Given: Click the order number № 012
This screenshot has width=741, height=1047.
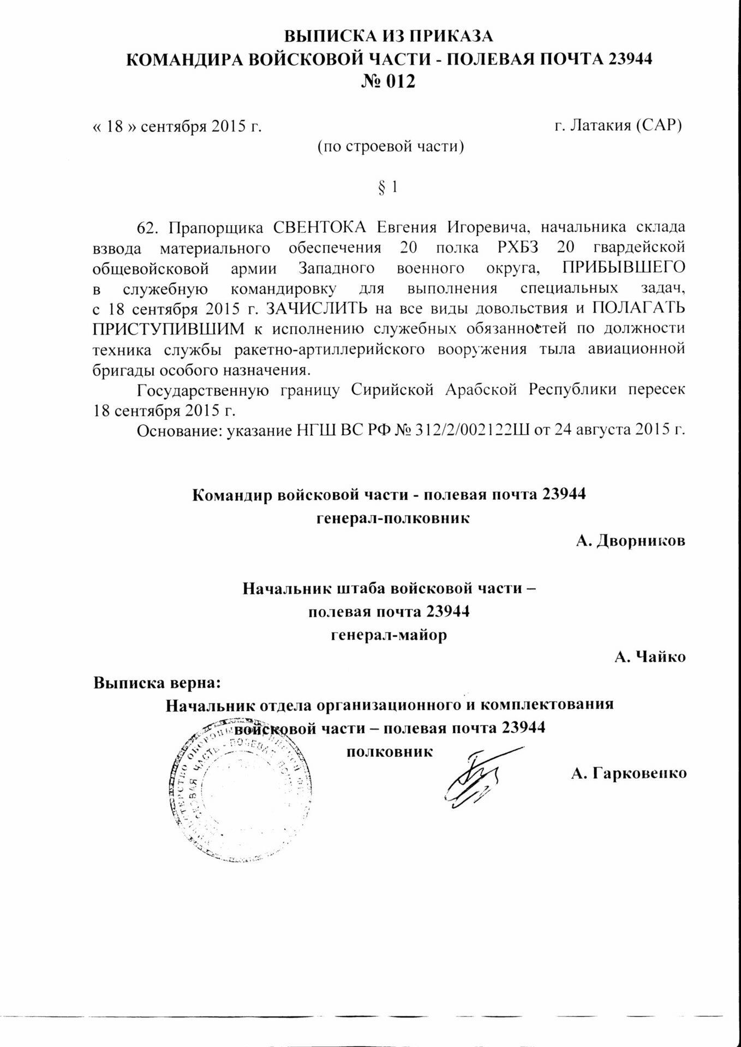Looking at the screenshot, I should pyautogui.click(x=389, y=81).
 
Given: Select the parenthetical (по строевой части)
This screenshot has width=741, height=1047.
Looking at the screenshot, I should pyautogui.click(x=391, y=147).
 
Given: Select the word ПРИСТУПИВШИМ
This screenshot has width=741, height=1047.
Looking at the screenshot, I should pyautogui.click(x=169, y=329).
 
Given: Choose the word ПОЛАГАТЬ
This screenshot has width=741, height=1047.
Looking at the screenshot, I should pyautogui.click(x=638, y=309).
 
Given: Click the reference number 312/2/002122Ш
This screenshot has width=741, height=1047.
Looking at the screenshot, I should pyautogui.click(x=469, y=430).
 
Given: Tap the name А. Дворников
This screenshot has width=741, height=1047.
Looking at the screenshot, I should pyautogui.click(x=631, y=541).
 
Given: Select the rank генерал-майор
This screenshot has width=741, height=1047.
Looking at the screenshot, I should pyautogui.click(x=389, y=635).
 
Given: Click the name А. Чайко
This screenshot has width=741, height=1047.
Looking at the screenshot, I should pyautogui.click(x=650, y=657).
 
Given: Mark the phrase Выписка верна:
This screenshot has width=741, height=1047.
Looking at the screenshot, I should pyautogui.click(x=158, y=682).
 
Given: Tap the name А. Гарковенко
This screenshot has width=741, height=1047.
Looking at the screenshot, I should pyautogui.click(x=629, y=773).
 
